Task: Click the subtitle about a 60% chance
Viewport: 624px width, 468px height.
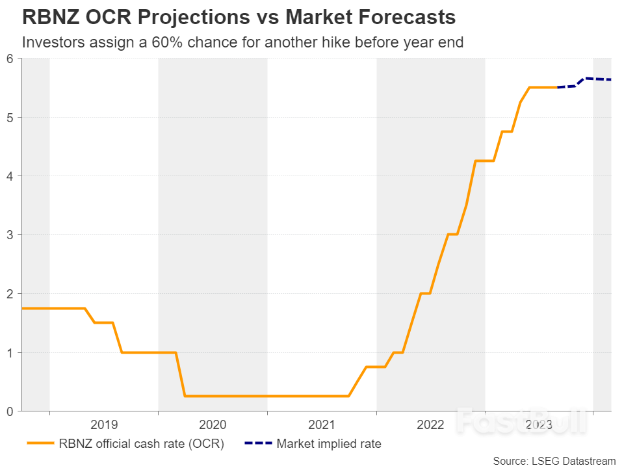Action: pos(242,43)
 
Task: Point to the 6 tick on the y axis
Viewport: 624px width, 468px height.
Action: pos(10,58)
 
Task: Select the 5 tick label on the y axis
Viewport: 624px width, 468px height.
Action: pos(10,118)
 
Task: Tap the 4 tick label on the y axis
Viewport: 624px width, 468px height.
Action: pos(10,176)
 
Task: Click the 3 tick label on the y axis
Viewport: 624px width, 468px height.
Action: pos(10,235)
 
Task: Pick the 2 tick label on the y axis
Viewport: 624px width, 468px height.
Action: pos(10,294)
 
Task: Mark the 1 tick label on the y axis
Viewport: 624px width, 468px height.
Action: pos(10,352)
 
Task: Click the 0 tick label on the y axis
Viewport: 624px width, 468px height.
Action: pos(10,411)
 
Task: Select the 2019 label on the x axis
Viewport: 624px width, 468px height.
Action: pos(104,425)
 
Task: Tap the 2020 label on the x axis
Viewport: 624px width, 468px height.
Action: pos(213,425)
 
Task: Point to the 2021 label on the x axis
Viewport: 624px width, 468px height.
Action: pos(322,425)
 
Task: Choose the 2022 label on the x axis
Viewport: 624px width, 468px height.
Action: pos(430,425)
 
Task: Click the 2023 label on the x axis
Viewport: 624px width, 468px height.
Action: pos(539,425)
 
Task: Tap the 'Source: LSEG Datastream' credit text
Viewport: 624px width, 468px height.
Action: pos(554,461)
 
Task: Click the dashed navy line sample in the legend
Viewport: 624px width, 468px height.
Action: pos(257,445)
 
